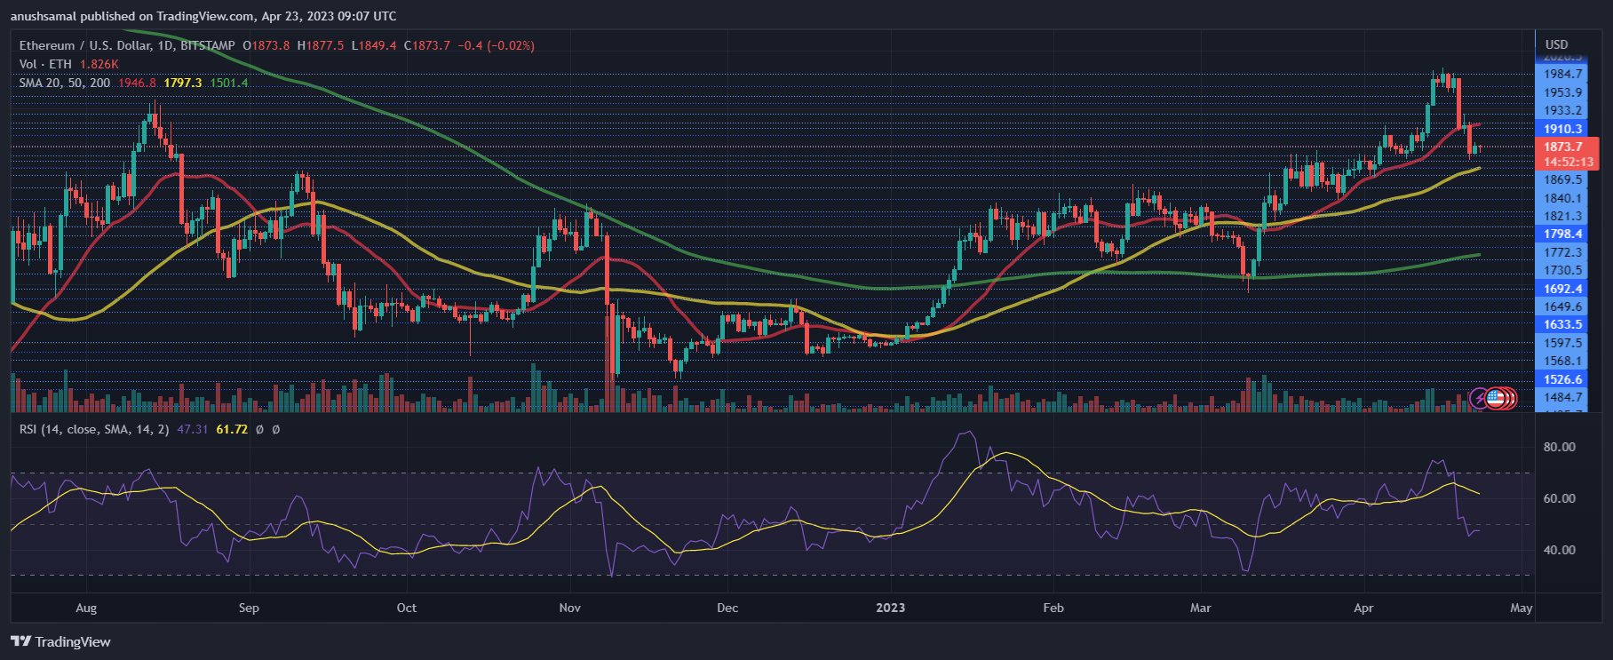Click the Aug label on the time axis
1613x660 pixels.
86,608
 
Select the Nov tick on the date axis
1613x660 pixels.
569,608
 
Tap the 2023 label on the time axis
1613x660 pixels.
890,608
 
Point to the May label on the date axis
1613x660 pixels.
1521,608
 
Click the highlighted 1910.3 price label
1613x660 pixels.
1562,129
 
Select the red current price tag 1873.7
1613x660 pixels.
1562,147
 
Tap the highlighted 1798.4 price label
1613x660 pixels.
1562,234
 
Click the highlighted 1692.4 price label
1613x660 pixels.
1562,289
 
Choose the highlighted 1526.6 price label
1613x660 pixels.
1562,379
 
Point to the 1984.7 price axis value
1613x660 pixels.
1562,74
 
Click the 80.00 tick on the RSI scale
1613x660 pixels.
1559,447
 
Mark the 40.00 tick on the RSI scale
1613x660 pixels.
1559,550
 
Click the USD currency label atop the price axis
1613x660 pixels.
1556,44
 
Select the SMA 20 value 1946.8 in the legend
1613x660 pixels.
137,83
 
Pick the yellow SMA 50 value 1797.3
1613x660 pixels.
183,83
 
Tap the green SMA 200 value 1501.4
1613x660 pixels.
229,83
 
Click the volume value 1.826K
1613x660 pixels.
99,64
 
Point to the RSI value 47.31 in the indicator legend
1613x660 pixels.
192,429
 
